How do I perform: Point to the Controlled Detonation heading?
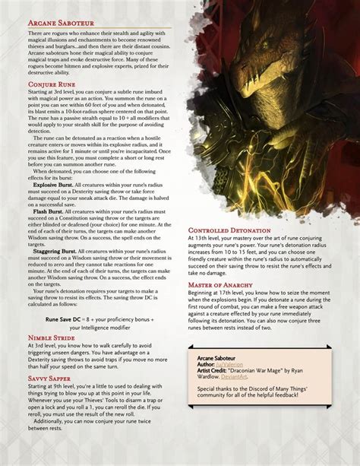[x=229, y=230]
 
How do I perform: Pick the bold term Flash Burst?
[x=46, y=213]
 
